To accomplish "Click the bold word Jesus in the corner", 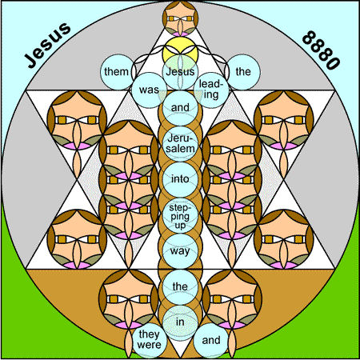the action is tap(47, 46).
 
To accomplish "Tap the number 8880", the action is tap(321, 50).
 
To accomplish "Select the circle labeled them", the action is tap(118, 72).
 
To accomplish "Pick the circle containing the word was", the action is tap(149, 90).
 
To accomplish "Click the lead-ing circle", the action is tap(211, 90).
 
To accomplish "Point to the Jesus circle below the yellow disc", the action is tap(180, 72).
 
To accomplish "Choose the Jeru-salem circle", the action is tap(180, 144).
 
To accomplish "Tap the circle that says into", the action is tap(180, 179).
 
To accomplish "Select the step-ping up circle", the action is tap(180, 215).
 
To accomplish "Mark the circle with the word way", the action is tap(180, 251).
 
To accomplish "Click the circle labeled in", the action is tap(180, 322).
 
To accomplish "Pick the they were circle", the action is tap(149, 341).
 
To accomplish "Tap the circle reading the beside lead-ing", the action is tap(242, 72).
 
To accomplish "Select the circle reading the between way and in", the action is tap(180, 287).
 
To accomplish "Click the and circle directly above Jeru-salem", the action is tap(180, 108).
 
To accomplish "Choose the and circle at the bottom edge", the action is tap(211, 341).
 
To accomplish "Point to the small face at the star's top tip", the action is tap(180, 18).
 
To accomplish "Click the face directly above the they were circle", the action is tap(129, 299).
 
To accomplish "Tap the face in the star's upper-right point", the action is tap(284, 120).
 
